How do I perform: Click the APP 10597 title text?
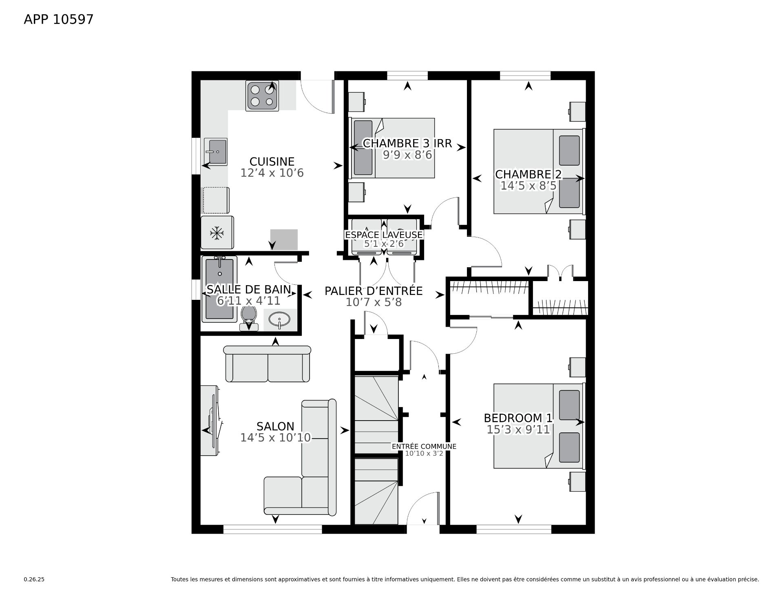(x=59, y=19)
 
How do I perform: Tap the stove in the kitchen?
(x=262, y=96)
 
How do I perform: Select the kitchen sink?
(x=216, y=152)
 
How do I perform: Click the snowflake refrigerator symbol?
(x=217, y=233)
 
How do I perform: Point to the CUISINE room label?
(x=272, y=162)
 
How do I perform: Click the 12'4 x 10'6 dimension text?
(x=272, y=173)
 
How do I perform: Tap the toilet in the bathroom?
(x=248, y=318)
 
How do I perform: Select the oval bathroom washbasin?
(x=280, y=319)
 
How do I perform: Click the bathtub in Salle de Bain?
(x=220, y=289)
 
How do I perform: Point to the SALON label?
(x=275, y=427)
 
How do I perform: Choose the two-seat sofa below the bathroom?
(x=268, y=364)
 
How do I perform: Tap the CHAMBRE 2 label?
(x=528, y=175)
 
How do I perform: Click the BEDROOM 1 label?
(x=518, y=418)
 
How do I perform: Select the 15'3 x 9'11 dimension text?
(x=518, y=430)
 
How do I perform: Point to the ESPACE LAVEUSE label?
(x=384, y=235)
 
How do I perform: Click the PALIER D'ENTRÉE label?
(x=374, y=291)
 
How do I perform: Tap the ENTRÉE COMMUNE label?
(x=424, y=446)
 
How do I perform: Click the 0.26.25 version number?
(x=34, y=579)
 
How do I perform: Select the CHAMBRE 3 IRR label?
(x=407, y=143)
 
